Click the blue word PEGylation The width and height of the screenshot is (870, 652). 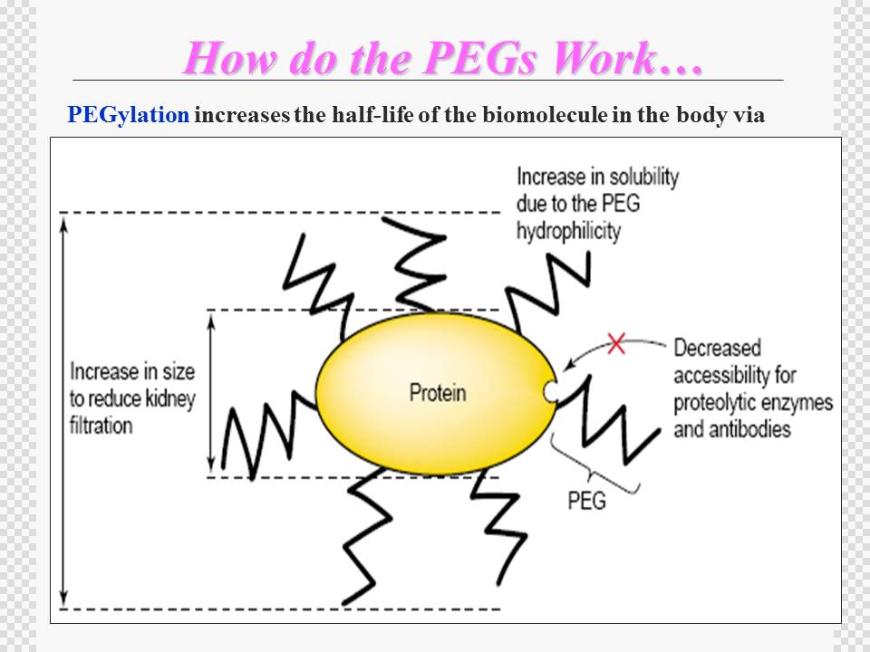click(x=128, y=115)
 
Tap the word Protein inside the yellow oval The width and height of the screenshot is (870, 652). click(x=438, y=392)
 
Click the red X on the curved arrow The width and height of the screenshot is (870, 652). click(x=616, y=343)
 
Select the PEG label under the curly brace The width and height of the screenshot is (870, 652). click(x=586, y=500)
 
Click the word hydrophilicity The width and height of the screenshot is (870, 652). click(x=568, y=231)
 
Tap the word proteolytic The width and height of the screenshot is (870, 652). click(x=716, y=402)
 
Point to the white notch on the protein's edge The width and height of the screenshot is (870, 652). click(x=550, y=391)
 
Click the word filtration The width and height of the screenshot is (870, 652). click(x=101, y=426)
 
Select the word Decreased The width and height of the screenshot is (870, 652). click(x=717, y=348)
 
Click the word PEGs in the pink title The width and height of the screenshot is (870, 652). click(x=480, y=58)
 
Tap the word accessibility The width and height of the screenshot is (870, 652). click(x=735, y=375)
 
